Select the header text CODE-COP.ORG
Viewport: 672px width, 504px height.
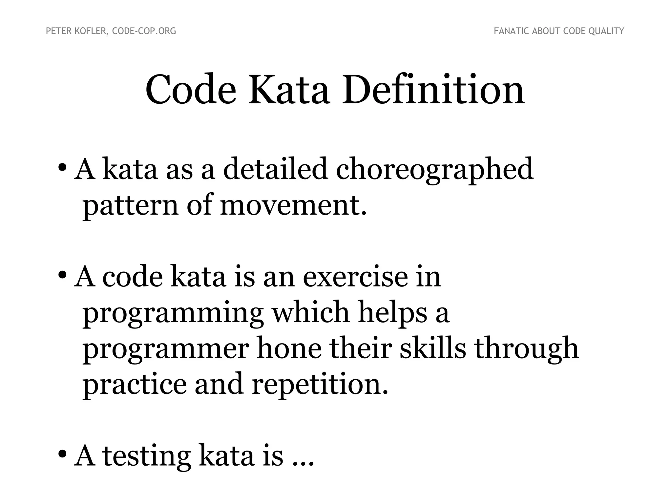pyautogui.click(x=144, y=31)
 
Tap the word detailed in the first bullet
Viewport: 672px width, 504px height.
pyautogui.click(x=275, y=169)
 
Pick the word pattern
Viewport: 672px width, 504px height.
pyautogui.click(x=131, y=206)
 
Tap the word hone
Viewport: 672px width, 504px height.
pyautogui.click(x=289, y=348)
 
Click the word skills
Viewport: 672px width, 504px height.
pyautogui.click(x=433, y=348)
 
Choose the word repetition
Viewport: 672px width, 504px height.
pyautogui.click(x=320, y=385)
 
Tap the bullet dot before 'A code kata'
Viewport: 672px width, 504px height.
pyautogui.click(x=62, y=275)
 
